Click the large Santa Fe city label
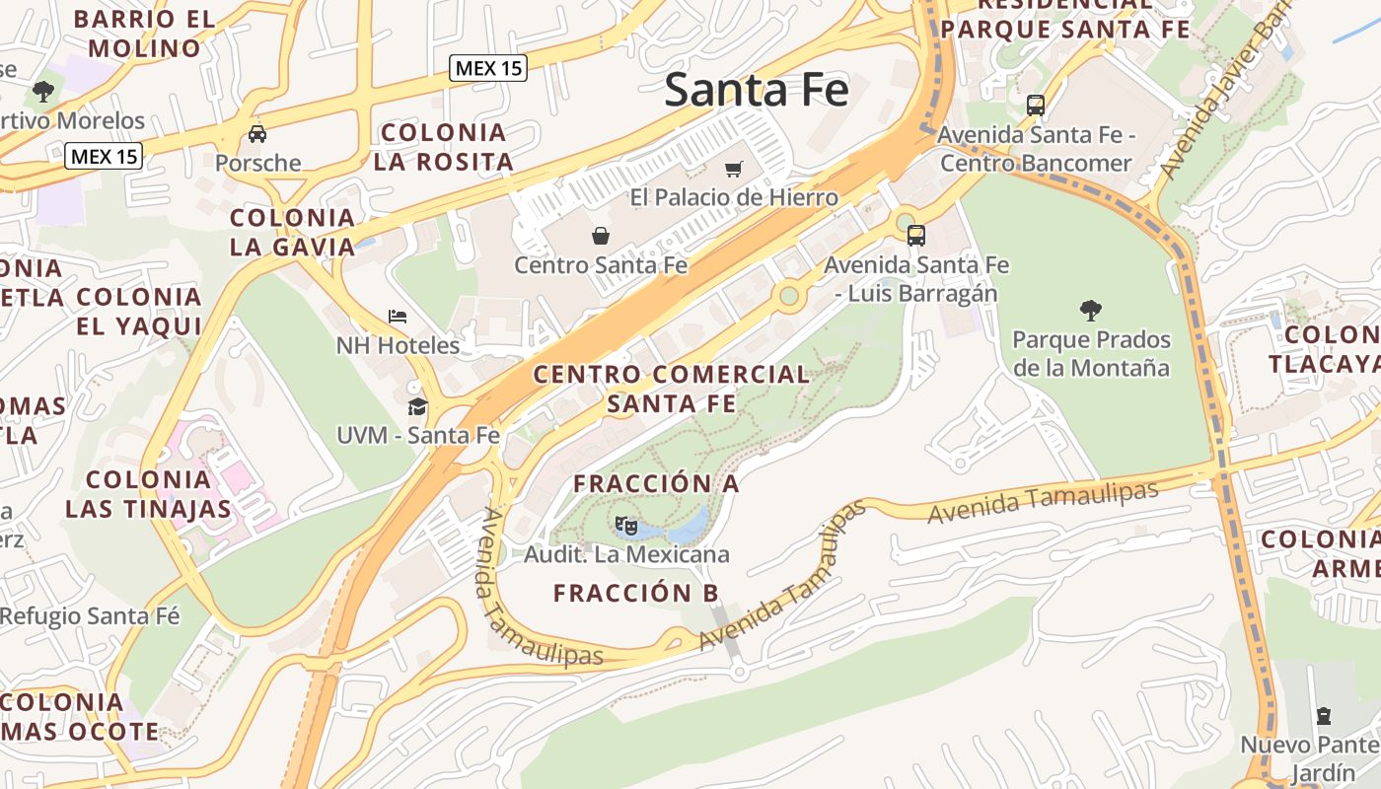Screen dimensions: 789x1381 (756, 90)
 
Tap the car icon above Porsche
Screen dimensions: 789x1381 (257, 134)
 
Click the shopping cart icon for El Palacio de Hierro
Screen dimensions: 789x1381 (733, 170)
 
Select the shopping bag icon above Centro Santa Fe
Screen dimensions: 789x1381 (600, 236)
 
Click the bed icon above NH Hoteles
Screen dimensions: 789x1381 (398, 317)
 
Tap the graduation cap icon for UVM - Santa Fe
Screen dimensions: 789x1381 (417, 406)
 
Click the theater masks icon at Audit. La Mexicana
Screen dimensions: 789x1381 (625, 525)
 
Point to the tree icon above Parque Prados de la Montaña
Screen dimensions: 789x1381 (1090, 311)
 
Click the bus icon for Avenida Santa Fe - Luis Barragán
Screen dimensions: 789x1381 (915, 235)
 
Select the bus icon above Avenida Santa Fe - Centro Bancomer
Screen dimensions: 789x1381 (1035, 105)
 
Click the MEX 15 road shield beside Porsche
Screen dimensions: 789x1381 (104, 156)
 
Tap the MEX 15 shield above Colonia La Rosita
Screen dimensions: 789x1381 (488, 68)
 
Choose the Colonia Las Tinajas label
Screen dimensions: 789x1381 (148, 494)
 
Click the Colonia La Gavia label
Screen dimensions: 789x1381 (292, 232)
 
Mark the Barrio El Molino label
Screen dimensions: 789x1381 (145, 34)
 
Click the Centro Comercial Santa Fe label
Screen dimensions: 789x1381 (671, 389)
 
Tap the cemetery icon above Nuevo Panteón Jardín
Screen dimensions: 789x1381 (1323, 715)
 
